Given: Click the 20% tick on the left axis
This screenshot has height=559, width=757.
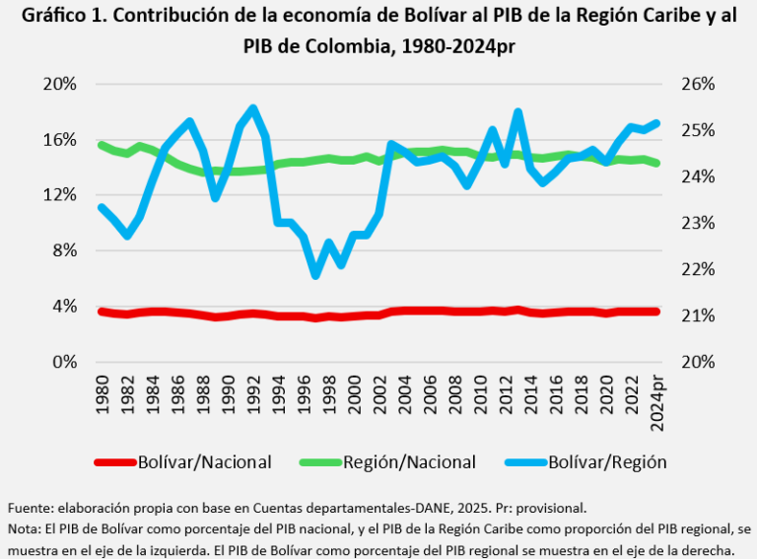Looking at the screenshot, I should point(58,84).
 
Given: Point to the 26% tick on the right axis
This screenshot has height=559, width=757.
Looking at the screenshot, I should point(698,84).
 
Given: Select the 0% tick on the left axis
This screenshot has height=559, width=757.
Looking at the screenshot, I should point(62,362).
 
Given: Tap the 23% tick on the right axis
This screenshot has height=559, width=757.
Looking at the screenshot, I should point(698,223).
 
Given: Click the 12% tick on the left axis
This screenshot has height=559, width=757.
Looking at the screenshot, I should point(58,195).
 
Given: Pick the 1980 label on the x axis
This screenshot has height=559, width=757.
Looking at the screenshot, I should point(102,391).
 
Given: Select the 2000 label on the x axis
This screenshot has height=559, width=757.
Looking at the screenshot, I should point(355,391).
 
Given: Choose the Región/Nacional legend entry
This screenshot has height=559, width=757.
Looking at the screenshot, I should point(410,461).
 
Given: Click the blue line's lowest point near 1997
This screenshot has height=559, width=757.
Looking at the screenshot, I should point(316,275).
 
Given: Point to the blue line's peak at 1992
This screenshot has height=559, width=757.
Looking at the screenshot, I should point(253,108).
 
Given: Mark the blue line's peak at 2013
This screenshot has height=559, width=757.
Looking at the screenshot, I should point(518,112).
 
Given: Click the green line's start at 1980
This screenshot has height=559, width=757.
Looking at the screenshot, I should point(102,145).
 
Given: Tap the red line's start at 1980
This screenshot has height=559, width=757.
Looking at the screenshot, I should point(102,312).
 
